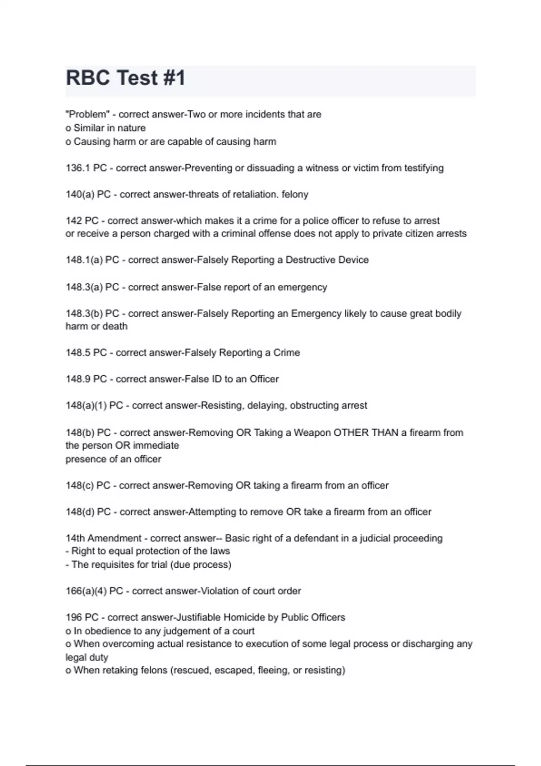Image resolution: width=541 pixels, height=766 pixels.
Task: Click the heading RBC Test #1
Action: pyautogui.click(x=125, y=78)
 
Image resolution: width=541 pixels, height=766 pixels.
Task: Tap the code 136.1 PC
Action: pyautogui.click(x=86, y=168)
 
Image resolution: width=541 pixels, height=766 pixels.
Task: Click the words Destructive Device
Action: pyautogui.click(x=327, y=260)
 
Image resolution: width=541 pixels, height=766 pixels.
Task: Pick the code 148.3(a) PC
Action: pyautogui.click(x=92, y=287)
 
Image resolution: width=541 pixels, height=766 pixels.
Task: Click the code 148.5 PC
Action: pyautogui.click(x=86, y=352)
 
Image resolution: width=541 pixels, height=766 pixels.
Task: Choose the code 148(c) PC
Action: pyautogui.click(x=88, y=485)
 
